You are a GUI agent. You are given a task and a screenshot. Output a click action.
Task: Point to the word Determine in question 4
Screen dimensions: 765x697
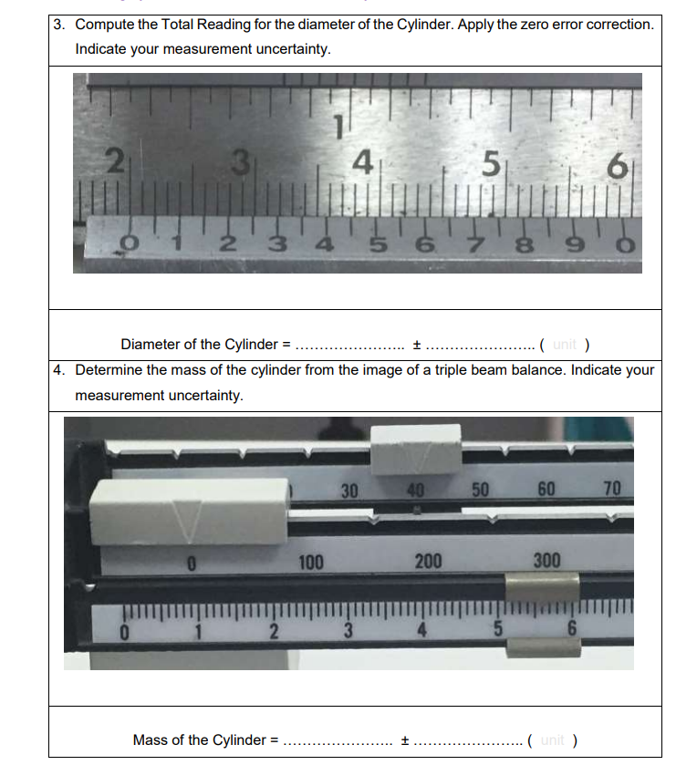[109, 371]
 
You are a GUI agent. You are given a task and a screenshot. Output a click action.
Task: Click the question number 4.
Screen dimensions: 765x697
[58, 371]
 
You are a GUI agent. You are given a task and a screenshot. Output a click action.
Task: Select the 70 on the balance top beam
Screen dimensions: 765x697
[611, 489]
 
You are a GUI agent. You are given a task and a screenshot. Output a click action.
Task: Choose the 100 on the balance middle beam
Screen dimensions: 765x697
[311, 561]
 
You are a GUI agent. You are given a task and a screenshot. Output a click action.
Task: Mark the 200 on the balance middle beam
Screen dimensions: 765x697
[428, 561]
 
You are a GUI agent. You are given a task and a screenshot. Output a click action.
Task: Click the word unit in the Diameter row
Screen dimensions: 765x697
[563, 345]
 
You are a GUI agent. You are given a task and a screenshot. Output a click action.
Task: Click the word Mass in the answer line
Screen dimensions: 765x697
[150, 739]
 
